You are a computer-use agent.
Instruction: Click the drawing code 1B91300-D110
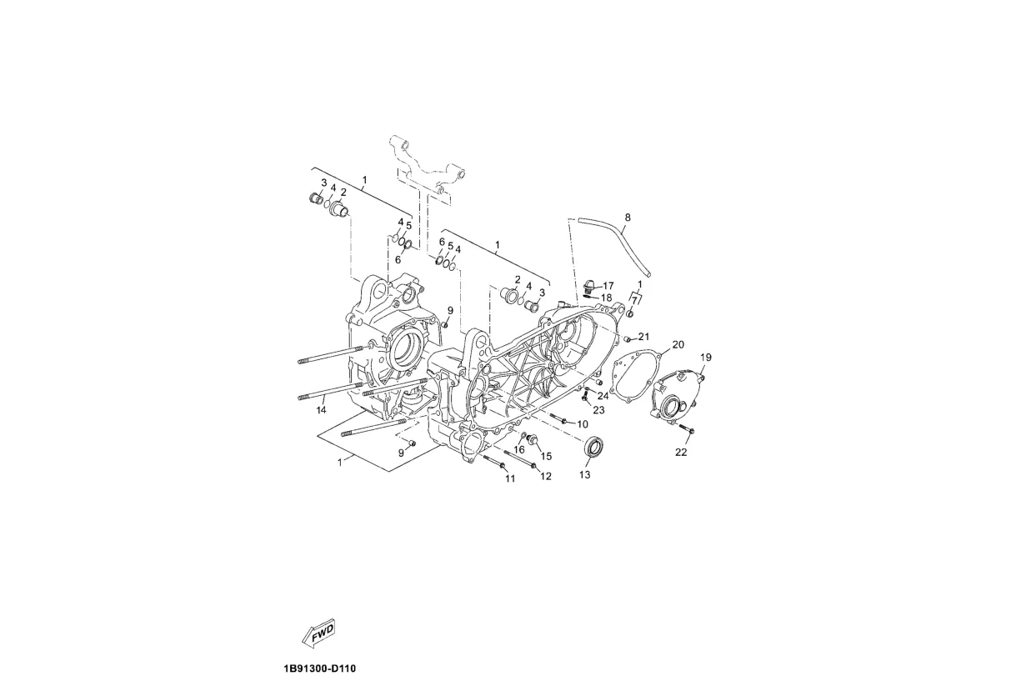(319, 668)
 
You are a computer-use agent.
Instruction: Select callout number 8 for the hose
(628, 218)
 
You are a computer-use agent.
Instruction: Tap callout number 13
(584, 475)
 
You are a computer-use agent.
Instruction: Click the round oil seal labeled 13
(593, 448)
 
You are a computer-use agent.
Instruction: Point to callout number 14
(320, 410)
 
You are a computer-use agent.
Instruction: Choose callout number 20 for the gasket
(678, 344)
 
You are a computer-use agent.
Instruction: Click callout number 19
(705, 358)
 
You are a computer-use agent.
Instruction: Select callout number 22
(681, 453)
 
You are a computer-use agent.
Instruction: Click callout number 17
(608, 286)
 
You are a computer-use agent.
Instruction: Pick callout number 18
(606, 298)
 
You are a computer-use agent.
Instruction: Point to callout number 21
(643, 337)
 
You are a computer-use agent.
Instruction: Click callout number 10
(582, 424)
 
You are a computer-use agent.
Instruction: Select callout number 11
(509, 478)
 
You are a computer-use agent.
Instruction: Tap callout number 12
(546, 477)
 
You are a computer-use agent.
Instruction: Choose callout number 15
(546, 456)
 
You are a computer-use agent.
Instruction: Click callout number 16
(518, 450)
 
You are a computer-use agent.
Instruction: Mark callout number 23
(598, 409)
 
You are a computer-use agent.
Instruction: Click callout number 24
(603, 396)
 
